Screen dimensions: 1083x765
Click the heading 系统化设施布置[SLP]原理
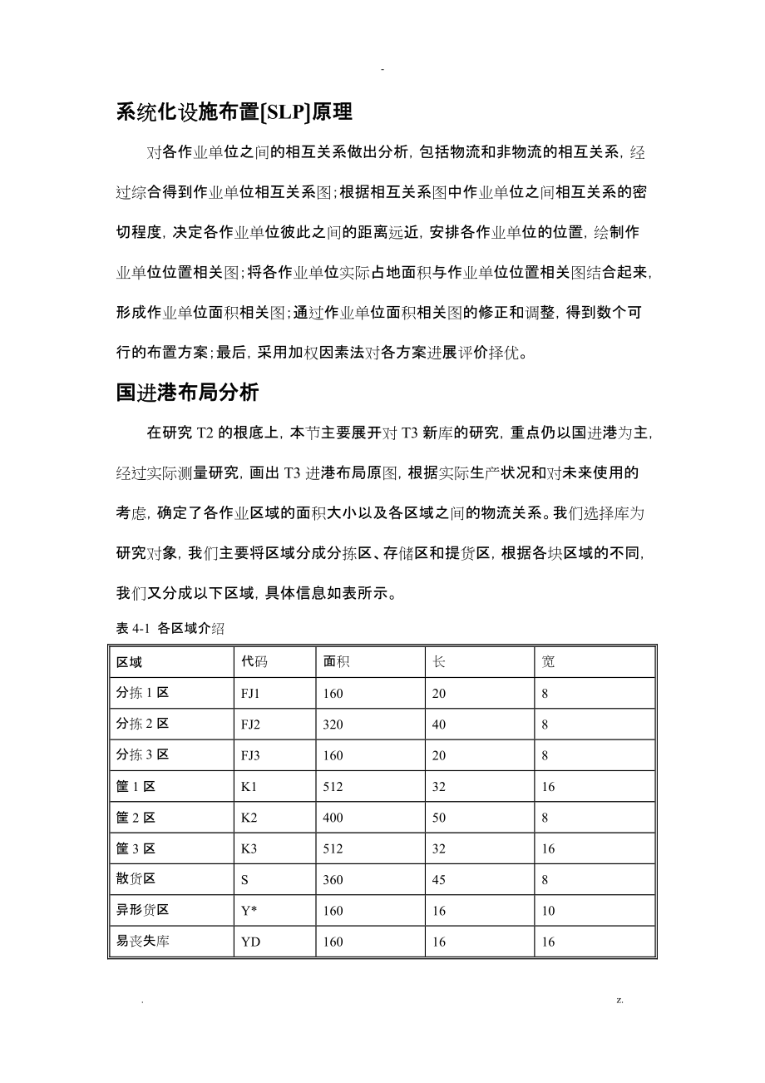[234, 112]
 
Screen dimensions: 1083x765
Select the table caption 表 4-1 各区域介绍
[170, 629]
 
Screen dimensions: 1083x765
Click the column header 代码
[254, 661]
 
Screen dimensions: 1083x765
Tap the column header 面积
[337, 661]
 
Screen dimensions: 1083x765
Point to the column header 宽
[548, 661]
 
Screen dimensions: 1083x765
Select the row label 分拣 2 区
[142, 724]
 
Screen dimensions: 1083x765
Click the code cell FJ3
[250, 755]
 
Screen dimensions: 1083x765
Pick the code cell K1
[249, 786]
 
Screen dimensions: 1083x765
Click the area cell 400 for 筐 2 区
[333, 818]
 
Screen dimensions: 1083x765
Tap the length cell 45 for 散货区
[439, 880]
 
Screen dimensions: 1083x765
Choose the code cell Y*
[249, 911]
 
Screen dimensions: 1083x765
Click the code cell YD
[250, 942]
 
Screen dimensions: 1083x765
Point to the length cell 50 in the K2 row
[439, 818]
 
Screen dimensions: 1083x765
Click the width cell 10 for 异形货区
[548, 911]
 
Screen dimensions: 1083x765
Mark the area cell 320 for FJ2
[333, 724]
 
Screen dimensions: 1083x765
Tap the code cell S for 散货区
[244, 880]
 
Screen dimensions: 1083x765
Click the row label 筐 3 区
[136, 848]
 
